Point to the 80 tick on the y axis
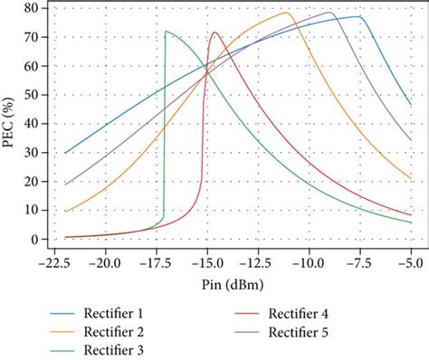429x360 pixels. point(31,8)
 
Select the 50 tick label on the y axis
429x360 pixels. point(31,95)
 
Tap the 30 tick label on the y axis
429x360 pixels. point(31,153)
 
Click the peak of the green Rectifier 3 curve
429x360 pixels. point(167,32)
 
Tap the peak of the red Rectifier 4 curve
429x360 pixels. point(215,33)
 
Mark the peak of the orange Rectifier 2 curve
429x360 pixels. point(287,13)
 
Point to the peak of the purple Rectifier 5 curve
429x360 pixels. point(329,13)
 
